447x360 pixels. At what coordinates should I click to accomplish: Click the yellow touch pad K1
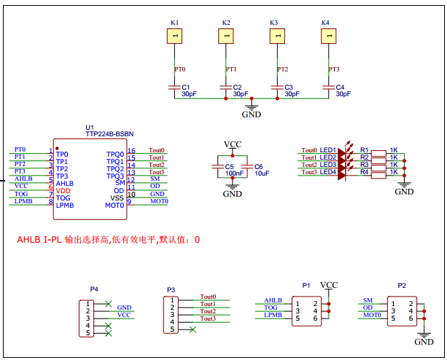coord(175,36)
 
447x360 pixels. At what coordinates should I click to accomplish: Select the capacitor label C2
coord(237,87)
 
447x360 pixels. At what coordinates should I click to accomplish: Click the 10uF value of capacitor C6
coord(262,173)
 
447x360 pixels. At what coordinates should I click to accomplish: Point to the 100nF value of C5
coord(234,173)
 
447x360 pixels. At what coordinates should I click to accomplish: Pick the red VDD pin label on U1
coord(63,190)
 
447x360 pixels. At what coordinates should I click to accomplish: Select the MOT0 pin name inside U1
coord(114,206)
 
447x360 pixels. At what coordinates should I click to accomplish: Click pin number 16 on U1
coord(131,151)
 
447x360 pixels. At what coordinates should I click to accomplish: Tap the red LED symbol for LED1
coord(343,151)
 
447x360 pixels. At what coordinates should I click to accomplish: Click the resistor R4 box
coord(377,173)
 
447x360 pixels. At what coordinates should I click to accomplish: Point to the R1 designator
coord(365,150)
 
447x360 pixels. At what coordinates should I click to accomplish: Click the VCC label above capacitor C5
coord(232,144)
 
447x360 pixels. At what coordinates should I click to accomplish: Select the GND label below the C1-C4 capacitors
coord(251,114)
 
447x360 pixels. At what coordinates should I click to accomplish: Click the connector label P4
coord(93,289)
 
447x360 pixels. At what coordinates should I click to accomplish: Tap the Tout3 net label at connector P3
coord(209,319)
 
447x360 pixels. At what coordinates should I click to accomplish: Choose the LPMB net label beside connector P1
coord(273,315)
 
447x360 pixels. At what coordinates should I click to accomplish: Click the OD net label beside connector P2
coord(368,308)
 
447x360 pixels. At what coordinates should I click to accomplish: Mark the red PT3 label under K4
coord(334,69)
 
